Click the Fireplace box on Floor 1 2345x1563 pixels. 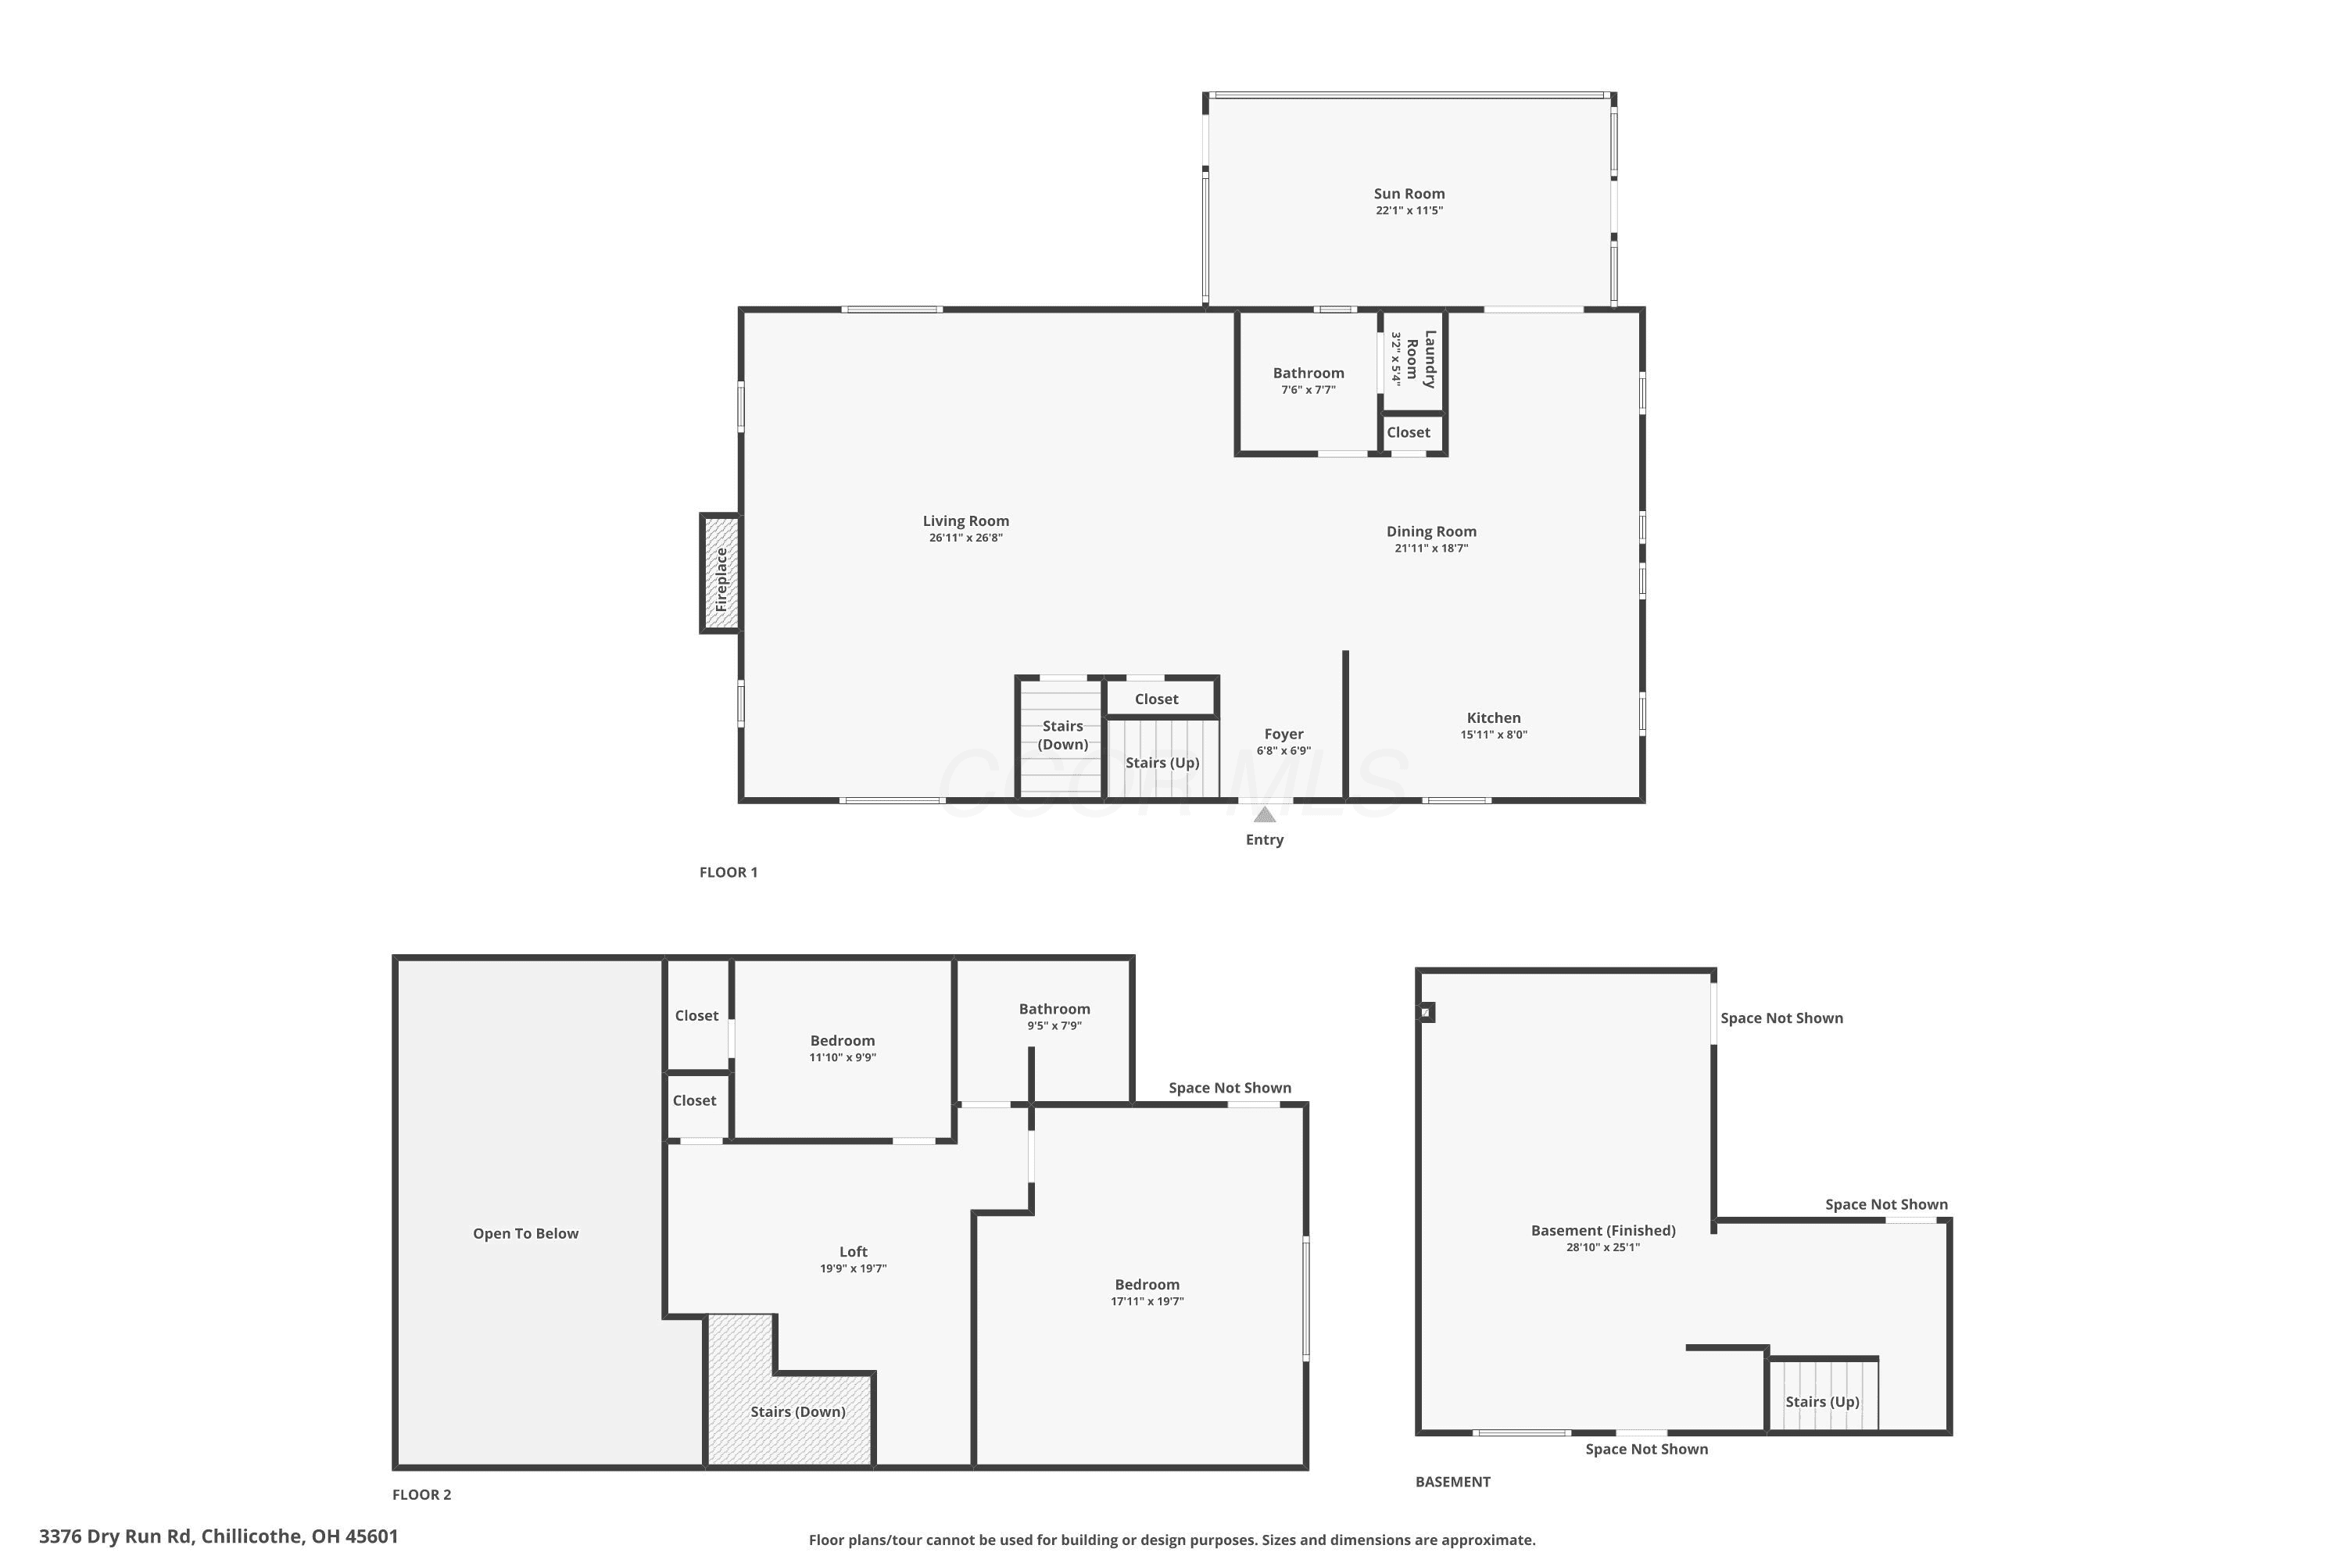point(721,573)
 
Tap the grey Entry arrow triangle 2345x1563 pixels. point(1264,814)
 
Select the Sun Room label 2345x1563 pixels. point(1409,193)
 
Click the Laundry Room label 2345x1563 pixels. point(1422,359)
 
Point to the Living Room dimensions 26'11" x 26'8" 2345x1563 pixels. point(965,538)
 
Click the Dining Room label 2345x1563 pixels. point(1430,531)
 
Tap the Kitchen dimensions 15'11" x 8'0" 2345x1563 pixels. point(1494,735)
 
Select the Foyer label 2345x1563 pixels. point(1283,734)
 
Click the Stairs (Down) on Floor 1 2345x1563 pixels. point(1061,738)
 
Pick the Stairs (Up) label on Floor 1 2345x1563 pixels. point(1162,763)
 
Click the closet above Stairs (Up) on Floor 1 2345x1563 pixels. point(1162,698)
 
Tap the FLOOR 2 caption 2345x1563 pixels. point(422,1494)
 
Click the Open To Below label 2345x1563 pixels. point(525,1233)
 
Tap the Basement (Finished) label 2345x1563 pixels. point(1603,1230)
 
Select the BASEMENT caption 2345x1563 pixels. point(1452,1481)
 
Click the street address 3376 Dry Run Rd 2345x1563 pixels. point(116,1536)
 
